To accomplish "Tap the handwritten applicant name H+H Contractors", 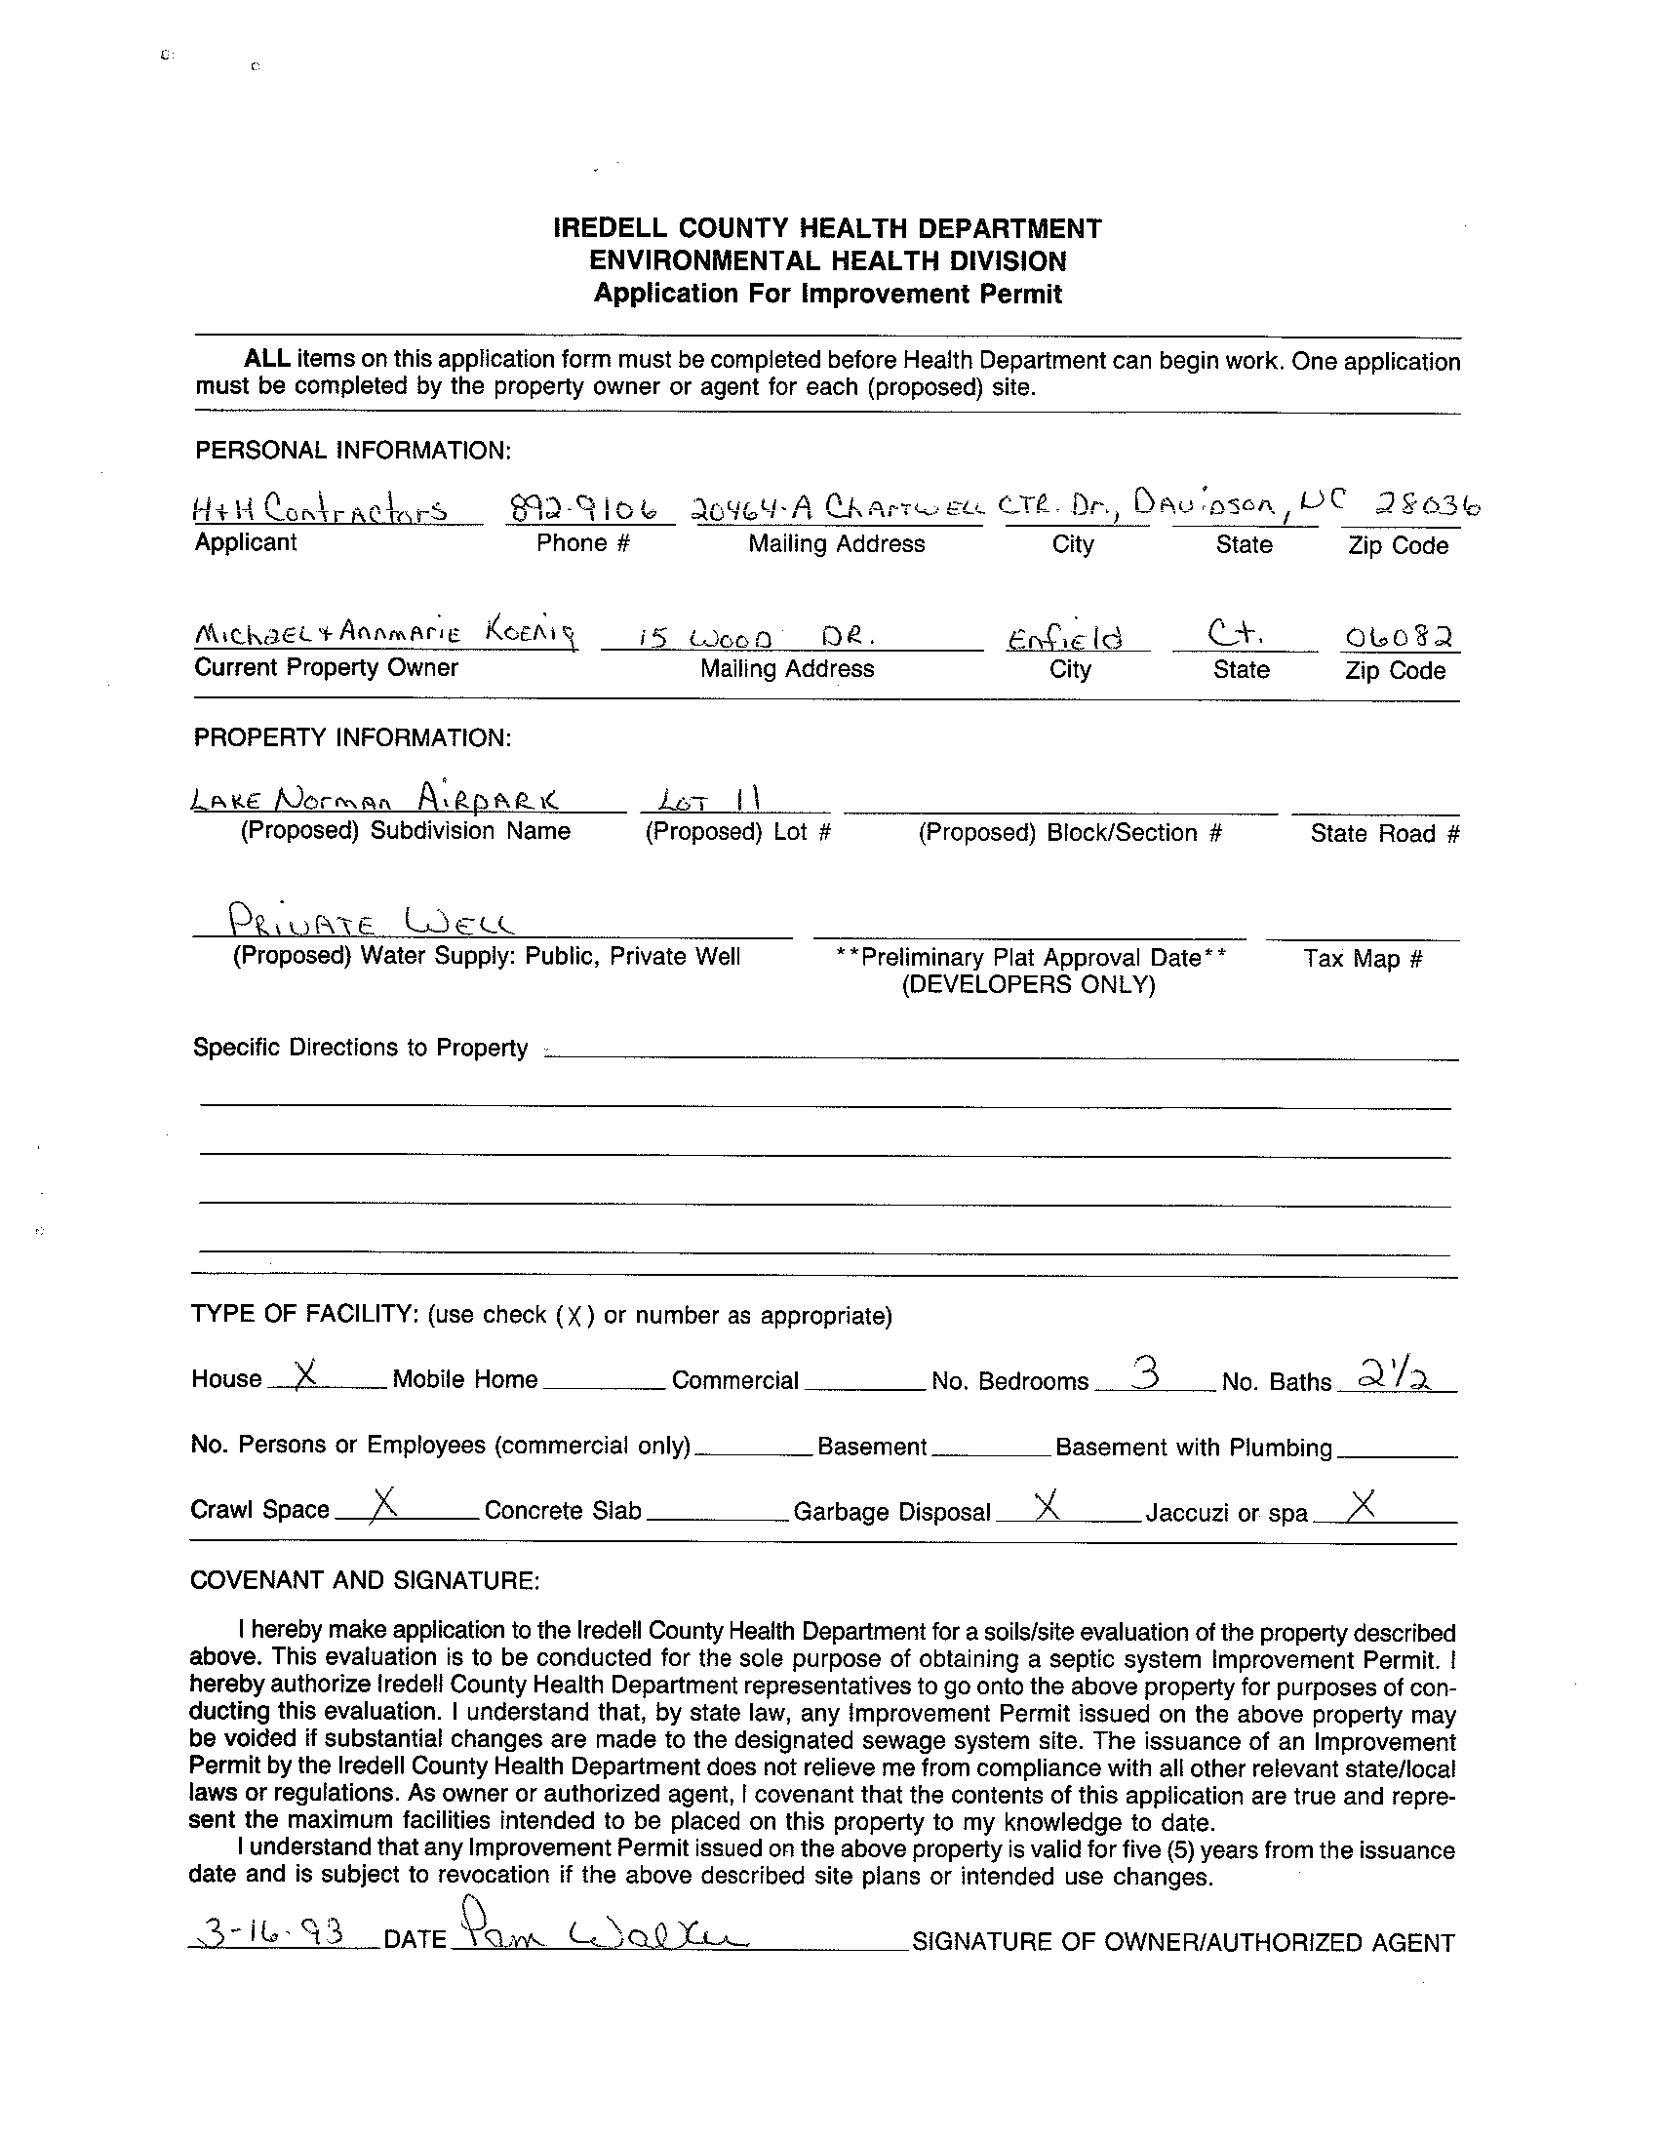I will pos(321,509).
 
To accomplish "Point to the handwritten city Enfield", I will pos(1063,639).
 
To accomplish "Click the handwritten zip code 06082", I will pos(1399,638).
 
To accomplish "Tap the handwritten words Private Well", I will pos(369,922).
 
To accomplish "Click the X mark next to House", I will pos(305,1374).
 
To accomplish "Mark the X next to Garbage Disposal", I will pos(1048,1503).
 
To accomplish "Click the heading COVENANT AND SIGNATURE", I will pos(364,1580).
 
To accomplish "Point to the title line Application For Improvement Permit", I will pos(827,294).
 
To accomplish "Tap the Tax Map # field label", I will pos(1362,959).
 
